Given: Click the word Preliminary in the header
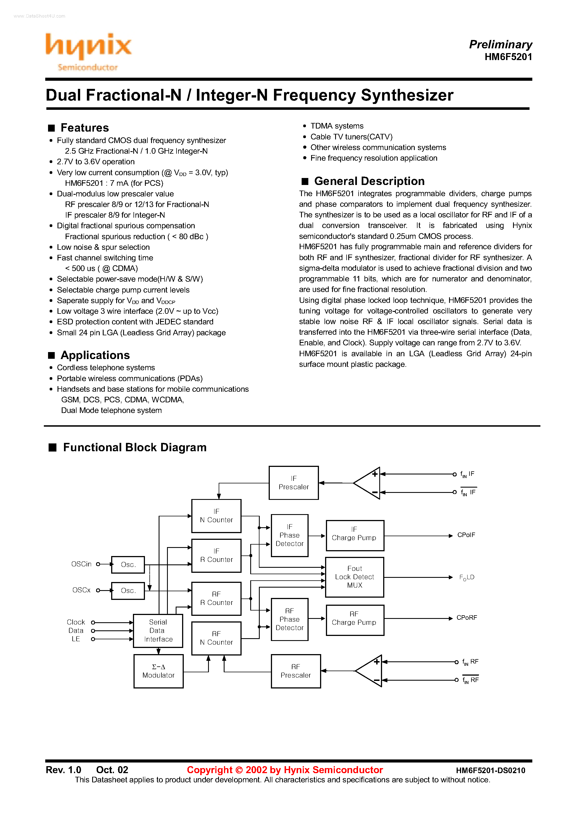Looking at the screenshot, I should [x=500, y=44].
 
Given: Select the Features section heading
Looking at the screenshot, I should [x=84, y=128].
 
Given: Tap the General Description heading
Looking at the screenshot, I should [x=369, y=181].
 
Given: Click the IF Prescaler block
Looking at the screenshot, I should [x=294, y=483].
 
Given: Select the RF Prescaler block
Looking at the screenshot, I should [x=295, y=671].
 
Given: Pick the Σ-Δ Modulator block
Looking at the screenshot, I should [x=158, y=671].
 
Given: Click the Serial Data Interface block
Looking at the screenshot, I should [x=158, y=631].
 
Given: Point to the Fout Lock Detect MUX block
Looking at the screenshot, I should [x=355, y=577].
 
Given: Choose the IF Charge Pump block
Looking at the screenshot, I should [x=355, y=535].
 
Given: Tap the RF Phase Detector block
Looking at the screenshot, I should [x=290, y=619].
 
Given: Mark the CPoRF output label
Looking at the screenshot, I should [x=466, y=618].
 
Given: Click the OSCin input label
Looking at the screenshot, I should [x=81, y=564].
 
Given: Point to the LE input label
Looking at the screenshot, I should [x=75, y=639].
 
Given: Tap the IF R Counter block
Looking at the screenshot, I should [x=216, y=555].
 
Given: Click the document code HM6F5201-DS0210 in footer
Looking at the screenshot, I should [x=490, y=771].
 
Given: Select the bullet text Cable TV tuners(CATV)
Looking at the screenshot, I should [x=351, y=137].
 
